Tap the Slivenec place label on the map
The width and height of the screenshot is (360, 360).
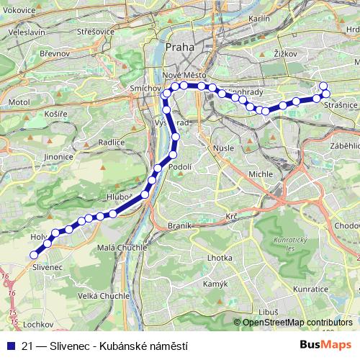pos(48,267)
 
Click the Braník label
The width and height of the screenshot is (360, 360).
pos(179,225)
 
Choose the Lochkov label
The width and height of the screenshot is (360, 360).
pos(38,325)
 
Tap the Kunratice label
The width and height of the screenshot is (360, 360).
pos(310,289)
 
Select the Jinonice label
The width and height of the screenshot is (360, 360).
pos(59,156)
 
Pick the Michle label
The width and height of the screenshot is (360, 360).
pos(261,174)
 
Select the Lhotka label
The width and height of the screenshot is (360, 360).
pos(219,258)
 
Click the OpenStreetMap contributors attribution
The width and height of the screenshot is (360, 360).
pos(297,323)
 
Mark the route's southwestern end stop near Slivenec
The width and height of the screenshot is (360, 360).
pos(34,254)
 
